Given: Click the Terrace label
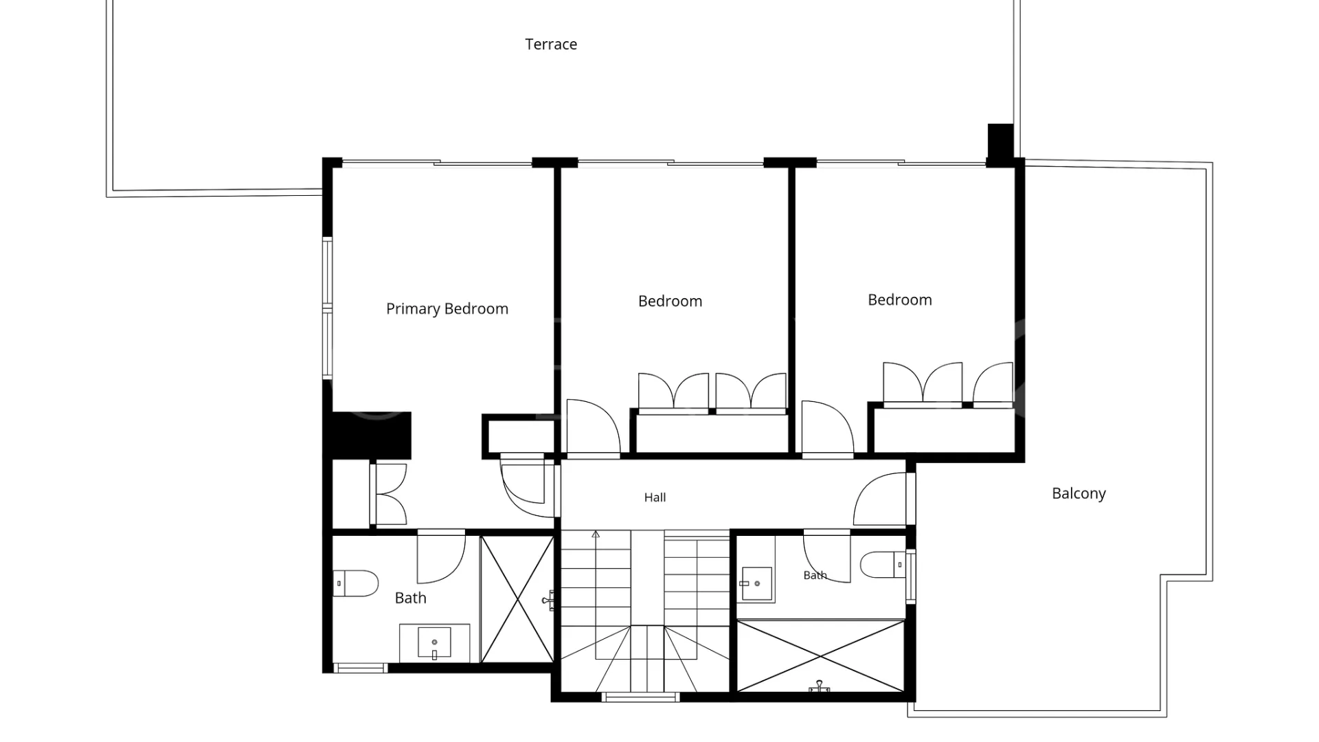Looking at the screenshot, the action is click(551, 44).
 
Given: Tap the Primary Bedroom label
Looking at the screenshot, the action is click(447, 309).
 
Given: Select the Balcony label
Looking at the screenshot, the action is click(1079, 493).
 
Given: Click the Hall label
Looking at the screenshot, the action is click(655, 497).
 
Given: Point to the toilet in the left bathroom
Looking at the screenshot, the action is click(356, 583).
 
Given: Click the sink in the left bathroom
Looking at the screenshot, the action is click(435, 642).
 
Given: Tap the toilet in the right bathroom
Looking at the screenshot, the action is click(883, 564).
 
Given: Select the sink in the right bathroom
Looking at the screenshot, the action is click(756, 584).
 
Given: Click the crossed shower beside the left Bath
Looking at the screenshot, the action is click(517, 599).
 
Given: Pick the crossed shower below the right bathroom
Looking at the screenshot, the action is click(821, 656).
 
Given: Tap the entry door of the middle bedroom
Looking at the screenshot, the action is click(592, 428).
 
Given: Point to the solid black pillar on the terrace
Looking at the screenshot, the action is click(1000, 141).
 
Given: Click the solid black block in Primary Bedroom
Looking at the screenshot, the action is click(371, 436).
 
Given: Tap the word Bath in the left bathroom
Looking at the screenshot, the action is click(411, 598).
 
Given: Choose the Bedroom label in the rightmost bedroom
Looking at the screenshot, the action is click(900, 300).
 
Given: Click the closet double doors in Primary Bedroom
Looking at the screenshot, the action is click(389, 495).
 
